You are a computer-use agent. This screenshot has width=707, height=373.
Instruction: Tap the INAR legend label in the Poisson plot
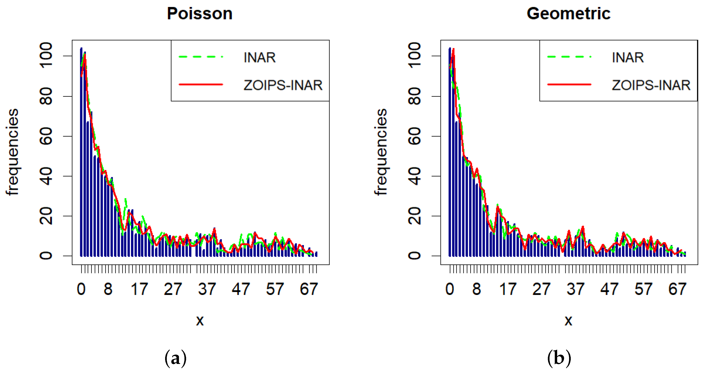coord(259,57)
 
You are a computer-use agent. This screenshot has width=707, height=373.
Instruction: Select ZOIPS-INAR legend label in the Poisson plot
coord(283,85)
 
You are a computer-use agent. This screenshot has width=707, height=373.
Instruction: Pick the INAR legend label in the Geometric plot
coord(628,57)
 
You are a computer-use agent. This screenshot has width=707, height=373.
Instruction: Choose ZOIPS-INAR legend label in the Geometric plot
coord(651,85)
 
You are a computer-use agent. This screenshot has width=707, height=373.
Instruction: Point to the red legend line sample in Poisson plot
coord(201,84)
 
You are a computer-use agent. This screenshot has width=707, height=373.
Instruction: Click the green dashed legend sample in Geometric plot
coord(569,57)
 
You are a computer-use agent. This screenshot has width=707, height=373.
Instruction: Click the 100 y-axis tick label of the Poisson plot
coord(46,55)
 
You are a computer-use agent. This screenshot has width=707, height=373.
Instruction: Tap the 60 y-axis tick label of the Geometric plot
coord(415,136)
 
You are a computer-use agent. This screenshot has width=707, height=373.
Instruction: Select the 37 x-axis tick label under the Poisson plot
coord(207,289)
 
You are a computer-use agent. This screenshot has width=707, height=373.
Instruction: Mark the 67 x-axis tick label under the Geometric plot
coord(677,289)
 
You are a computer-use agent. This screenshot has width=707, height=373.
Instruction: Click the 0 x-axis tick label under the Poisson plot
coord(81,289)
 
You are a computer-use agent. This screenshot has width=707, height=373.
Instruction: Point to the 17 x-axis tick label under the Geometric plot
coord(508,289)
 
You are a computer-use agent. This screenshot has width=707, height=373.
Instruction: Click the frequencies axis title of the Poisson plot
coord(12,152)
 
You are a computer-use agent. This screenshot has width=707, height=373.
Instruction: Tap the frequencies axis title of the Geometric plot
coord(381,152)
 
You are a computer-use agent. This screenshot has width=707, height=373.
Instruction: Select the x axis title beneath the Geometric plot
coord(568,320)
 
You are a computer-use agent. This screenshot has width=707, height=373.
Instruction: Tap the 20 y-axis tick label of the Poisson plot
coord(46,216)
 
